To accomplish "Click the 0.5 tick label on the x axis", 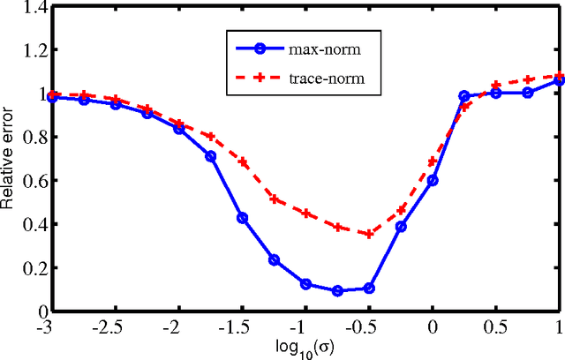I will click(x=497, y=326).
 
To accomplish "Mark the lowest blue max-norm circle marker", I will click(x=337, y=290).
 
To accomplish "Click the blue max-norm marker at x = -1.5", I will click(x=242, y=218).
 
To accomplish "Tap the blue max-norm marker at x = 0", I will click(x=433, y=180).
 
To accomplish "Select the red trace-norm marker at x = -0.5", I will click(x=369, y=234).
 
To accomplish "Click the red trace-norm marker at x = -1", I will click(x=305, y=213).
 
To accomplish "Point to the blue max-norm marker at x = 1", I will click(x=559, y=80).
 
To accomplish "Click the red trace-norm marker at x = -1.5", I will click(x=242, y=162).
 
